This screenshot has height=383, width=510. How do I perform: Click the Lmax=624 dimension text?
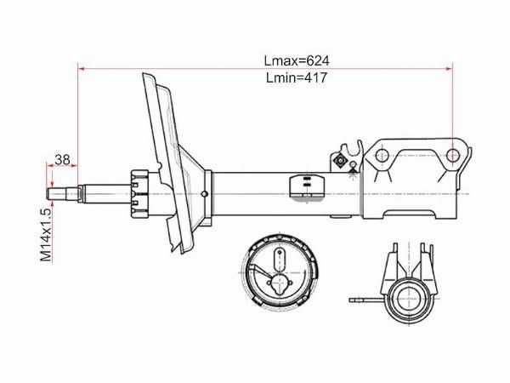click(x=297, y=61)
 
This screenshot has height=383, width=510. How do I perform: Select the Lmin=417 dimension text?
click(x=297, y=77)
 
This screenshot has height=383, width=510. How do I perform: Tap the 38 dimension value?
click(x=62, y=160)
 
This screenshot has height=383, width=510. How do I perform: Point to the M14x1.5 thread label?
click(x=46, y=235)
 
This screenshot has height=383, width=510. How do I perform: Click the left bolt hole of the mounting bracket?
click(x=382, y=156)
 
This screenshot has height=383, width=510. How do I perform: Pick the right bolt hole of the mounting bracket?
click(x=452, y=156)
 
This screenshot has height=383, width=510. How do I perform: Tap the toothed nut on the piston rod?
click(x=139, y=194)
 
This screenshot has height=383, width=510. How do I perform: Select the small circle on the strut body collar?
click(x=204, y=194)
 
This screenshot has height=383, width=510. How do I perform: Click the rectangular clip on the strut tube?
click(x=307, y=186)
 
